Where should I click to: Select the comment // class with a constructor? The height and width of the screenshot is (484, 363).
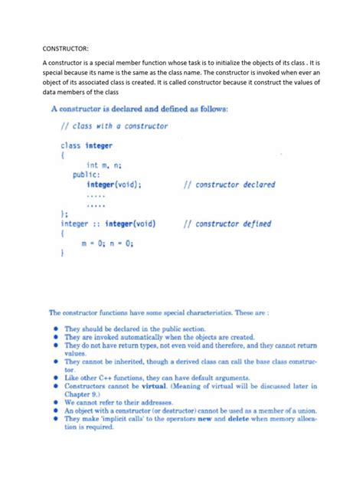114,126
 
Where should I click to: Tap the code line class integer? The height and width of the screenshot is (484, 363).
87,146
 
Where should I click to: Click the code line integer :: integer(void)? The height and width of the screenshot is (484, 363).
108,224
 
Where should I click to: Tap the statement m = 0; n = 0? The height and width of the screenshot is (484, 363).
107,244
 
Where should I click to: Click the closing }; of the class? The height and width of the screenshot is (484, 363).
64,214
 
